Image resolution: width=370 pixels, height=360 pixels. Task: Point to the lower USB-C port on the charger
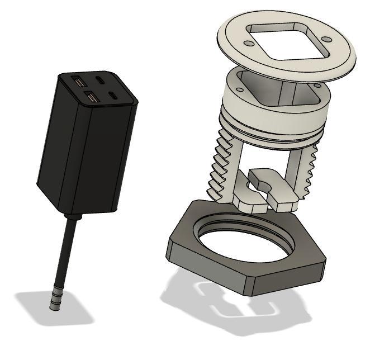point(115,96)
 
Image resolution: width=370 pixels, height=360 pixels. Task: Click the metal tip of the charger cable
point(54,302)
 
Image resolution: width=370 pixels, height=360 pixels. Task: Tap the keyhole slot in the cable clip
point(263,183)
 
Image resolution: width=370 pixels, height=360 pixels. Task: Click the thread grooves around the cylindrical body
point(274,134)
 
